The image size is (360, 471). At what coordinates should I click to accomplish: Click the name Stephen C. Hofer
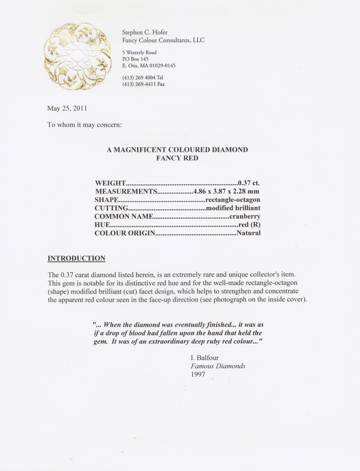pyautogui.click(x=146, y=31)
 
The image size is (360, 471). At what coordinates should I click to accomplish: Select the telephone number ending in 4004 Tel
pyautogui.click(x=143, y=76)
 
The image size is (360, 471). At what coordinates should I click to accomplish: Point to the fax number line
pyautogui.click(x=143, y=84)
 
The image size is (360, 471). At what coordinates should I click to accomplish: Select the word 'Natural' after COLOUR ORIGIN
pyautogui.click(x=248, y=242)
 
